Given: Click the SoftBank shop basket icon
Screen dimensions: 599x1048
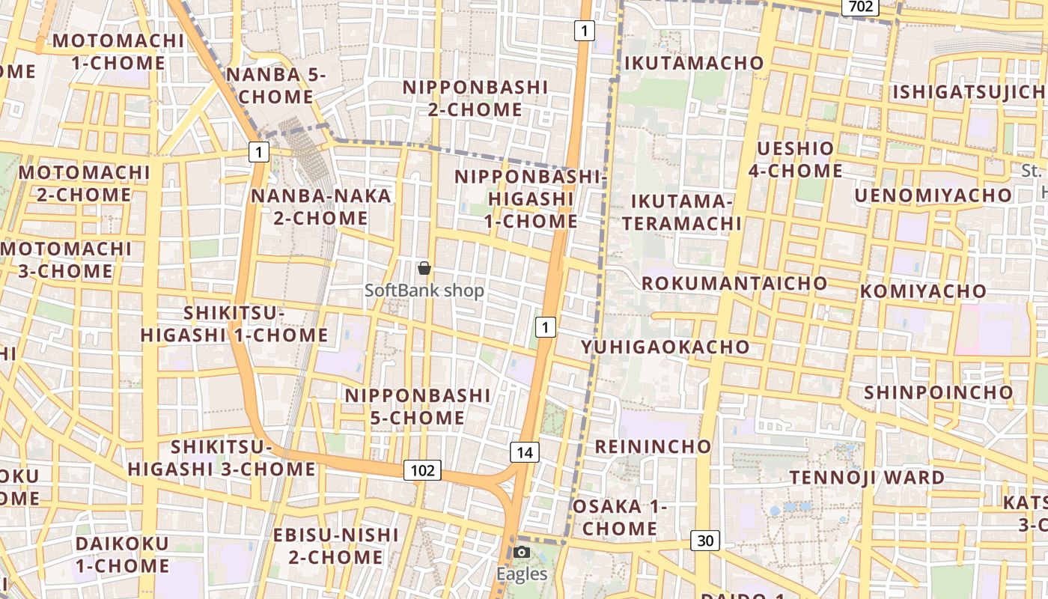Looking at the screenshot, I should tap(424, 268).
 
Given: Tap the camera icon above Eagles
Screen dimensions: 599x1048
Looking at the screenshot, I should tap(522, 553).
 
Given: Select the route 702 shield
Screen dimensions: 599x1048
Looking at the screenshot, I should tap(860, 7).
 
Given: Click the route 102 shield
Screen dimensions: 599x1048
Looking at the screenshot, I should tap(422, 470).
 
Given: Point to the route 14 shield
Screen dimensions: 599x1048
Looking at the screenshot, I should tap(525, 452).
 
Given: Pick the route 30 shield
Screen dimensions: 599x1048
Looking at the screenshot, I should tap(705, 541).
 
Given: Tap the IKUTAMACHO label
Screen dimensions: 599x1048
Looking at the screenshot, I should tap(694, 63).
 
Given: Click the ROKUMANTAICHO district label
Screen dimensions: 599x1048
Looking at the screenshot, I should tap(734, 283).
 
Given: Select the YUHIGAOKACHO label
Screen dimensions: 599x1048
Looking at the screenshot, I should tap(665, 347).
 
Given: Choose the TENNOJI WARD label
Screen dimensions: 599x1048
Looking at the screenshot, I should tap(867, 477).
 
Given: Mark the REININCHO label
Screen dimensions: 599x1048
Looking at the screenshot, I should tap(653, 447).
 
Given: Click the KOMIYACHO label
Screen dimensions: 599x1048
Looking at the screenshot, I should tap(923, 291).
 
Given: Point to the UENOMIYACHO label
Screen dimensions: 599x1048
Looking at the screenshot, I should tap(933, 195).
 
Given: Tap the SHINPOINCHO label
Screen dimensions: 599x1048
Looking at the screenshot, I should tap(938, 392).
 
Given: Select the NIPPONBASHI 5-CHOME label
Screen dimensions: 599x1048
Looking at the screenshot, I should tap(418, 406).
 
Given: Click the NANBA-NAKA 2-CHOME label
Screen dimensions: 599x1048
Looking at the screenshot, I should tap(321, 207).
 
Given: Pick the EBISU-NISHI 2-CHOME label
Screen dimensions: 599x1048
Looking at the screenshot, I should tap(336, 546).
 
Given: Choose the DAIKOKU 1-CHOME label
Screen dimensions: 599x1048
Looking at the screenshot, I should tap(122, 554).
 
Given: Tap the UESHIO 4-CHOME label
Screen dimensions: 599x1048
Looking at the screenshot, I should tap(796, 159).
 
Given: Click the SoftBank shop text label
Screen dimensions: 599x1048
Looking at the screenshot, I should tap(424, 291).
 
